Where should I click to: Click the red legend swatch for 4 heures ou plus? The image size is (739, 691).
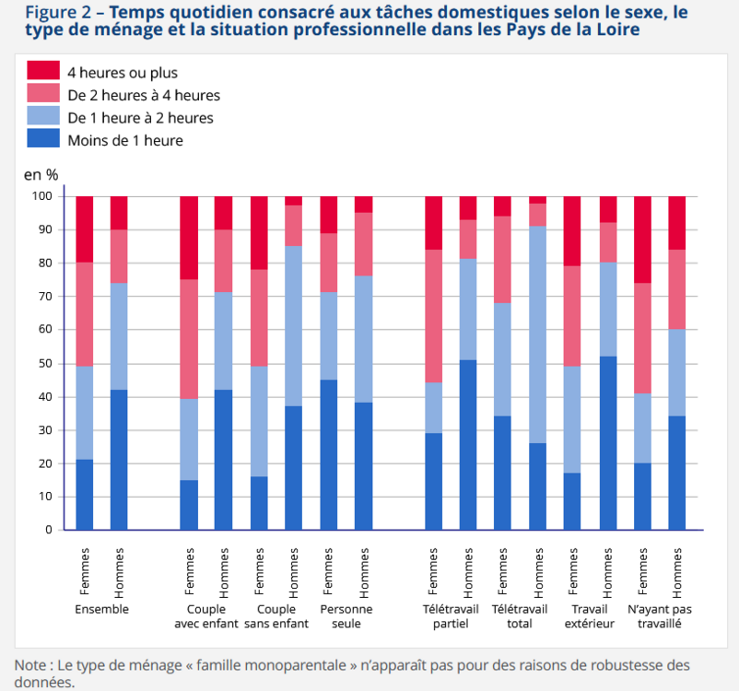[42, 71]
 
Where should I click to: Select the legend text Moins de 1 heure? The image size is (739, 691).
[124, 140]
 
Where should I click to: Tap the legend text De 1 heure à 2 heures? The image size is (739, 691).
[140, 117]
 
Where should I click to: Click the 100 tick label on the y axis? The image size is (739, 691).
[40, 196]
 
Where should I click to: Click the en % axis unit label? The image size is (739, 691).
[41, 173]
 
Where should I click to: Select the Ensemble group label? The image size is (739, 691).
[101, 610]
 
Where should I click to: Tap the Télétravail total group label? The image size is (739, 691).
[520, 616]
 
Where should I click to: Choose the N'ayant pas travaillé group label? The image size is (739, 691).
[659, 616]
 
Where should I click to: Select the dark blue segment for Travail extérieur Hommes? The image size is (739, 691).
[607, 442]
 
